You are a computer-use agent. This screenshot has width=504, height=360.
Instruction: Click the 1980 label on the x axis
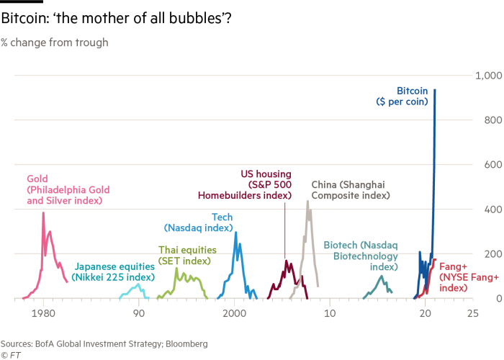coord(43,313)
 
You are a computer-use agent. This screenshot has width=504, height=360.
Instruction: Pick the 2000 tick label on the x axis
coord(234,313)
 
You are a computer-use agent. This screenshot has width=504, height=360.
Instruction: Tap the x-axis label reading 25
coord(472,313)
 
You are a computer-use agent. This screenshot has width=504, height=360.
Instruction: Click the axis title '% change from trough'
coord(54,42)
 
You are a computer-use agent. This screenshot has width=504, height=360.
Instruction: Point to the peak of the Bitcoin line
coord(434,89)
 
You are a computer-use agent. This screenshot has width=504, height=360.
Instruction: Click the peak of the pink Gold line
coord(43,212)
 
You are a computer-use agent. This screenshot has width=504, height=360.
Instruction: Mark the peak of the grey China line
coord(307,201)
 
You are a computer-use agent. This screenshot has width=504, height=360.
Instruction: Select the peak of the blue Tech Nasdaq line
coord(235,231)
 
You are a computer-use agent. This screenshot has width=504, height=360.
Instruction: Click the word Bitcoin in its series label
coord(413,91)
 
